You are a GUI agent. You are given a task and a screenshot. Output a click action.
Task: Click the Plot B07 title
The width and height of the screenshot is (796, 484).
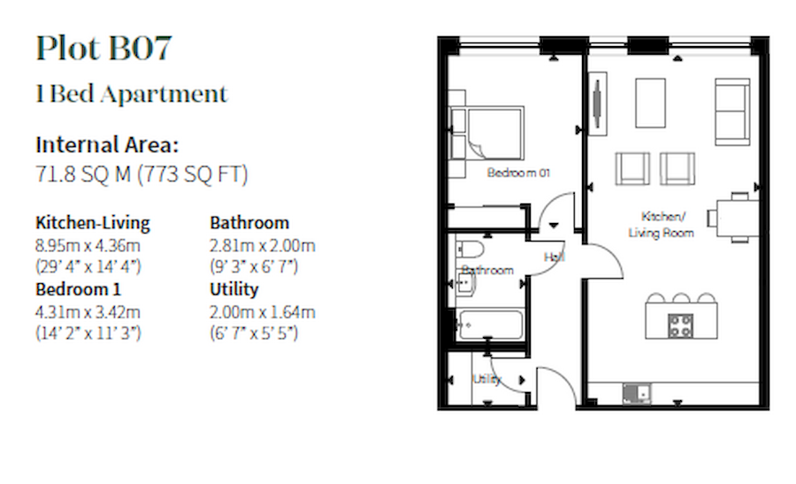click(103, 49)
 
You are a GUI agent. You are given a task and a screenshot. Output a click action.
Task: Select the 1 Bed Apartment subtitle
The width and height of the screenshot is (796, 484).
click(132, 94)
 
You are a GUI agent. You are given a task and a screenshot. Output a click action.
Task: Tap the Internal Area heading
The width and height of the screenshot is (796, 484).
click(107, 145)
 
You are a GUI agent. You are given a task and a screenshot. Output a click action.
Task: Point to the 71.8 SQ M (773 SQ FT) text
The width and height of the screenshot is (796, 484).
click(142, 174)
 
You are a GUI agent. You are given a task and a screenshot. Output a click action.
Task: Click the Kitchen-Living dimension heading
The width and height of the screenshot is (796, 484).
click(93, 222)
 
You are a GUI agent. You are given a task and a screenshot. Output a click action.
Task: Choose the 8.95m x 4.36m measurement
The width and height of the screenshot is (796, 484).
click(88, 245)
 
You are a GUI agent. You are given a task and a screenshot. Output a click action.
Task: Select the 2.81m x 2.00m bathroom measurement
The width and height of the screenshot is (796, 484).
click(262, 245)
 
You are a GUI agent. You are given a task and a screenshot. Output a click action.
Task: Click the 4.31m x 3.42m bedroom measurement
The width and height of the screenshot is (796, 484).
click(88, 311)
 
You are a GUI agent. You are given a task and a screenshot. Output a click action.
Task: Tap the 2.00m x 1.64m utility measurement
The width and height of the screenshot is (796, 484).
click(262, 311)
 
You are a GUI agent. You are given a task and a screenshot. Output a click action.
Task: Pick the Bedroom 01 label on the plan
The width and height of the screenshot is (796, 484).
click(518, 173)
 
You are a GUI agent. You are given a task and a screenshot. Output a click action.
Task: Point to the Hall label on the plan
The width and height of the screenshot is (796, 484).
click(555, 257)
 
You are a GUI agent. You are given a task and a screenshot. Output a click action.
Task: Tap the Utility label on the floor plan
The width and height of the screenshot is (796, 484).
click(486, 379)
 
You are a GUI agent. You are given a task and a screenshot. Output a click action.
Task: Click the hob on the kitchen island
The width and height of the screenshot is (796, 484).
click(680, 326)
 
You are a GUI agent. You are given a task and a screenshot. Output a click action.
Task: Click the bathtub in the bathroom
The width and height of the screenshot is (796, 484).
click(490, 324)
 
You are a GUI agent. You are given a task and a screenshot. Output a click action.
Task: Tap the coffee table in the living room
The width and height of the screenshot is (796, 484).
click(650, 103)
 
